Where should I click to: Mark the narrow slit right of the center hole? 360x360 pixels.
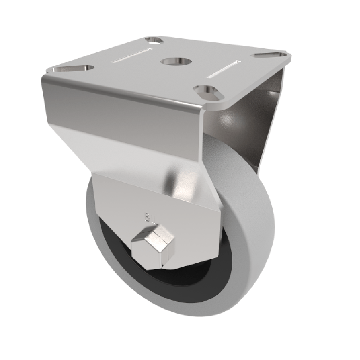[x=223, y=67]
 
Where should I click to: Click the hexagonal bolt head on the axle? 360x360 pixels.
[x=153, y=243]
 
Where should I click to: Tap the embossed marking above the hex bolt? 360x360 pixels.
[x=148, y=216]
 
